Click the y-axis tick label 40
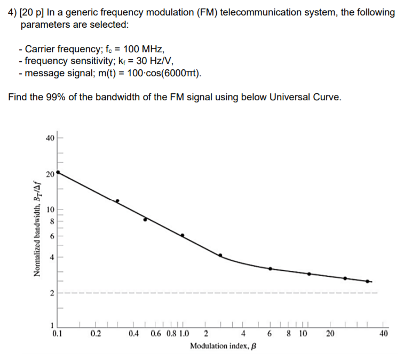(50, 138)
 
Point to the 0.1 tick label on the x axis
(58, 335)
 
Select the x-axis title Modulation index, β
(223, 346)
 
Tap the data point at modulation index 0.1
(58, 172)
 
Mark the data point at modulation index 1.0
(182, 235)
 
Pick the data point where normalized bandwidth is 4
(220, 255)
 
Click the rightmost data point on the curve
(367, 281)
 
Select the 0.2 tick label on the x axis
(96, 335)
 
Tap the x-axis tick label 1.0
(183, 335)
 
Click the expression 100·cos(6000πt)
(162, 73)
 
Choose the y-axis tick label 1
(52, 326)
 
